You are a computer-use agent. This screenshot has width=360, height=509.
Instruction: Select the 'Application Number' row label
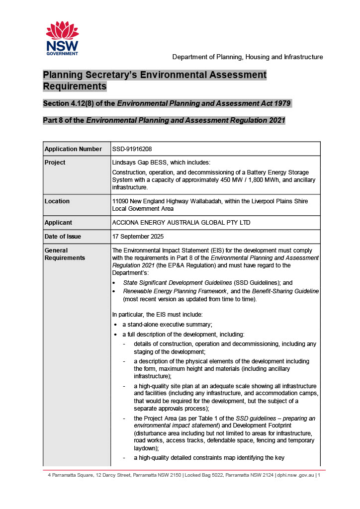(73, 149)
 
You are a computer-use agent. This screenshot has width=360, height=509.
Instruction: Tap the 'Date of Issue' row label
(63, 237)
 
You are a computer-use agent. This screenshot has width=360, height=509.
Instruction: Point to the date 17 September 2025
(138, 237)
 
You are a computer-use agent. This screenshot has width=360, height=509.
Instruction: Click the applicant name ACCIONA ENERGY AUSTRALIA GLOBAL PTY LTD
(181, 223)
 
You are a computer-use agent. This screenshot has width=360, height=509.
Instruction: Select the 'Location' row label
(57, 201)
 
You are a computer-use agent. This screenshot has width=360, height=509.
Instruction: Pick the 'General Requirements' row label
(65, 254)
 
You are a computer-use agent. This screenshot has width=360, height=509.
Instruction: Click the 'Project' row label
(55, 163)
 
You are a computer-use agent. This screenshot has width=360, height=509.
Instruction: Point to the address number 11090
(121, 201)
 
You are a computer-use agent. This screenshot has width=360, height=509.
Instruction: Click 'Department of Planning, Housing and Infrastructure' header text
(248, 57)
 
